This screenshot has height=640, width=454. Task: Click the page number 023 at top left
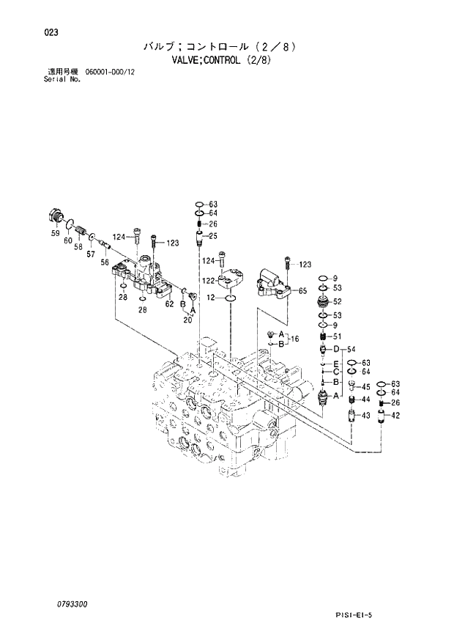(51, 32)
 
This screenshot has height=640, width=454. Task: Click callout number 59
(56, 234)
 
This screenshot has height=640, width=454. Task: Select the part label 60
(68, 240)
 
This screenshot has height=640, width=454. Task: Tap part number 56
(105, 262)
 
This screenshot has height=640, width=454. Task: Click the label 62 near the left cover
(168, 303)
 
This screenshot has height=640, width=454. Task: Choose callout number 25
(214, 235)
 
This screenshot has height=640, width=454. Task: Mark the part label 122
(208, 280)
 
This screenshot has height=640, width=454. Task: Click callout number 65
(302, 291)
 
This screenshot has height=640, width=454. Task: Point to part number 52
(337, 301)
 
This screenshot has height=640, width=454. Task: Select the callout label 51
(337, 336)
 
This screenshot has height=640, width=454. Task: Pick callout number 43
(365, 416)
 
